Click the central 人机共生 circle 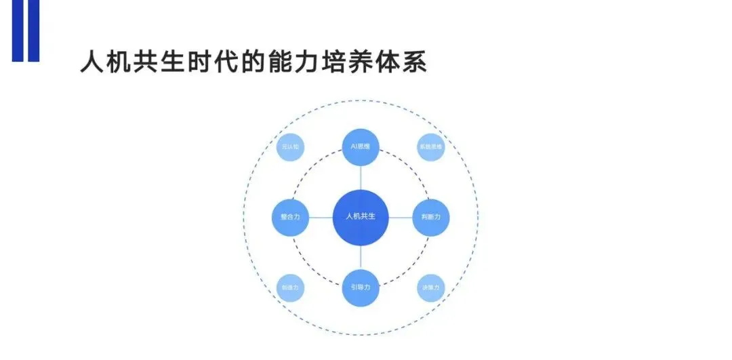tap(361, 216)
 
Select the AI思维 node tap(361, 147)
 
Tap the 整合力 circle tap(290, 217)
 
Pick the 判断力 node tap(431, 217)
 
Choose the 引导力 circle tap(361, 287)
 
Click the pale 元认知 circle tap(290, 147)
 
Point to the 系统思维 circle tap(431, 147)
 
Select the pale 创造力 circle tap(290, 287)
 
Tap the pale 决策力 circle tap(431, 287)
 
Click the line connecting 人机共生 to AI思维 tap(361, 178)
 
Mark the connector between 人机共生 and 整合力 tap(321, 217)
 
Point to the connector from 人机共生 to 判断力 tap(401, 217)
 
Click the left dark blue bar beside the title tap(17, 31)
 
